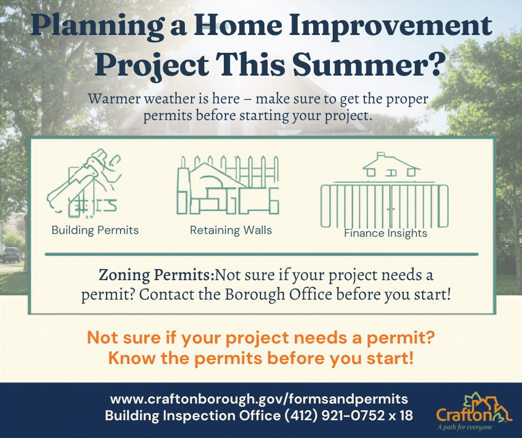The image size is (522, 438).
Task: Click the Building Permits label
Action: (95, 230)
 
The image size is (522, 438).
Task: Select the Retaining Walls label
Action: (230, 230)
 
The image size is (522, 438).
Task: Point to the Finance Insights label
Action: (385, 233)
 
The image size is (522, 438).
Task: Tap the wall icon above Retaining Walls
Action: (228, 185)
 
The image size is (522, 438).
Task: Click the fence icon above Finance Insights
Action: (384, 206)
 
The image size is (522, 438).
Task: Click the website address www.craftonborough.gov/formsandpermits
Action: (259, 399)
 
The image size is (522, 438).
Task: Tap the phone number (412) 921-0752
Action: (334, 415)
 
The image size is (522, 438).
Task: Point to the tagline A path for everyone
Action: (465, 427)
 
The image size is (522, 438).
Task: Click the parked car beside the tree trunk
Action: (11, 255)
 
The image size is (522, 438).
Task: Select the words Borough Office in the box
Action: (278, 295)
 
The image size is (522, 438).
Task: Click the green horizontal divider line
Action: (262, 255)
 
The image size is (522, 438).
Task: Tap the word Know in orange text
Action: (132, 359)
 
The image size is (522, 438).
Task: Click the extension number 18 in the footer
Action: (406, 415)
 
